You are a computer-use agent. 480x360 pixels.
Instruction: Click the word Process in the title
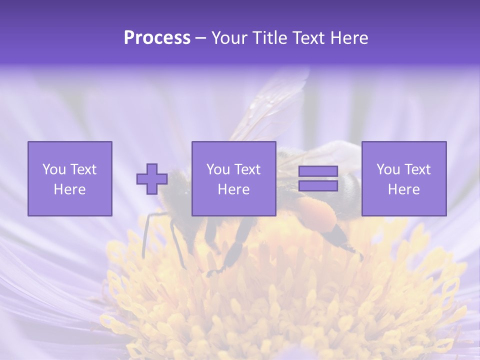157,38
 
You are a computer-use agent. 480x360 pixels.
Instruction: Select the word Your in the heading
229,38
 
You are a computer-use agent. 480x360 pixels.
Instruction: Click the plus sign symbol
152,179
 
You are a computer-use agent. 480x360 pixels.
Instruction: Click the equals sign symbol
318,178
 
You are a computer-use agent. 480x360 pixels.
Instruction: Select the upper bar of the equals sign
318,171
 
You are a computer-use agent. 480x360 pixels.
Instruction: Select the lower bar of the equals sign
318,185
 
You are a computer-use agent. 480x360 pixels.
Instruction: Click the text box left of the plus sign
70,178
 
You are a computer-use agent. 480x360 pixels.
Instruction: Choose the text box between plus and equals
233,178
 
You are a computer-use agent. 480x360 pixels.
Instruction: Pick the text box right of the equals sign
403,178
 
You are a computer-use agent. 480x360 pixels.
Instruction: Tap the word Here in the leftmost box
69,189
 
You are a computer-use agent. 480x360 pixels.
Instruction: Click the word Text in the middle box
247,169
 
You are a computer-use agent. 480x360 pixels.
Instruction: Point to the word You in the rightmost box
388,169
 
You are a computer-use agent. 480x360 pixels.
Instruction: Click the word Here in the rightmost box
403,189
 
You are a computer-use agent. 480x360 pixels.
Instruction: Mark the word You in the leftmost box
54,169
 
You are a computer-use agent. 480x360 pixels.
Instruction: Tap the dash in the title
201,38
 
